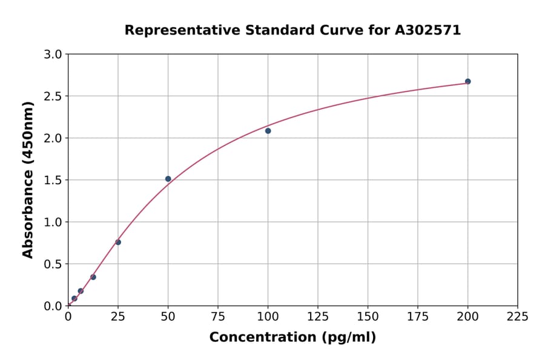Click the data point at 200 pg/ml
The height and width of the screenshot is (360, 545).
[467, 81]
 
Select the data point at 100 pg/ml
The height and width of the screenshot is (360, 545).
[268, 131]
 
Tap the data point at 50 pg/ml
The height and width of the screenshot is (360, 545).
[168, 179]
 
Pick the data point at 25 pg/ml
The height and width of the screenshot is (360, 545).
[118, 242]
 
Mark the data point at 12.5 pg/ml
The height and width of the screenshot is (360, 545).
[93, 277]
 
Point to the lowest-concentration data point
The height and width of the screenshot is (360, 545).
[74, 298]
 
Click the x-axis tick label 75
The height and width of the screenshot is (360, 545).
[218, 316]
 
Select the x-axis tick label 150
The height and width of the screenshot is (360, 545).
[368, 316]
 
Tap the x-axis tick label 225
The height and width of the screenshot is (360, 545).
[517, 316]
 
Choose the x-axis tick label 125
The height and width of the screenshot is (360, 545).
[318, 316]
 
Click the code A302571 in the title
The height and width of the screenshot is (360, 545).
[428, 30]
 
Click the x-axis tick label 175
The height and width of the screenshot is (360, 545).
[417, 316]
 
